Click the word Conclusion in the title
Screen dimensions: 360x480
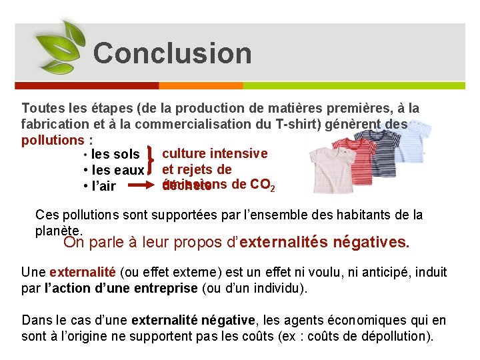(x=172, y=53)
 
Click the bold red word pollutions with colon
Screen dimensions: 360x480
(x=57, y=140)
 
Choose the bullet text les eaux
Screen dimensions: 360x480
(x=118, y=171)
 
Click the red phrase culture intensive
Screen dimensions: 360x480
(x=215, y=154)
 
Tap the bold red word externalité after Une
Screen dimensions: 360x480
(x=83, y=273)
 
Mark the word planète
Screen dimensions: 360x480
(x=59, y=231)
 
